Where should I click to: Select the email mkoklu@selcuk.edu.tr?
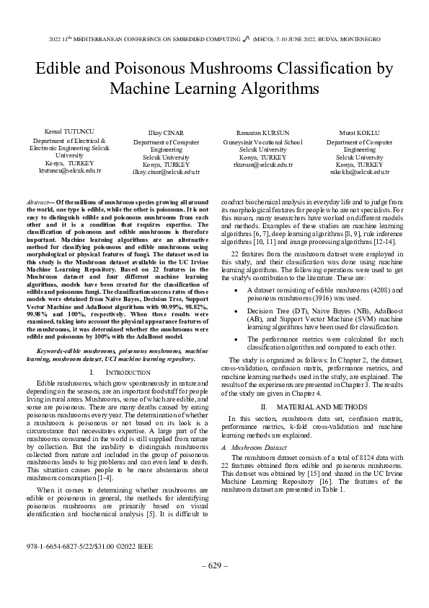[x=359, y=172]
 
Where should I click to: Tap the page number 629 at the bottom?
[x=214, y=585]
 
